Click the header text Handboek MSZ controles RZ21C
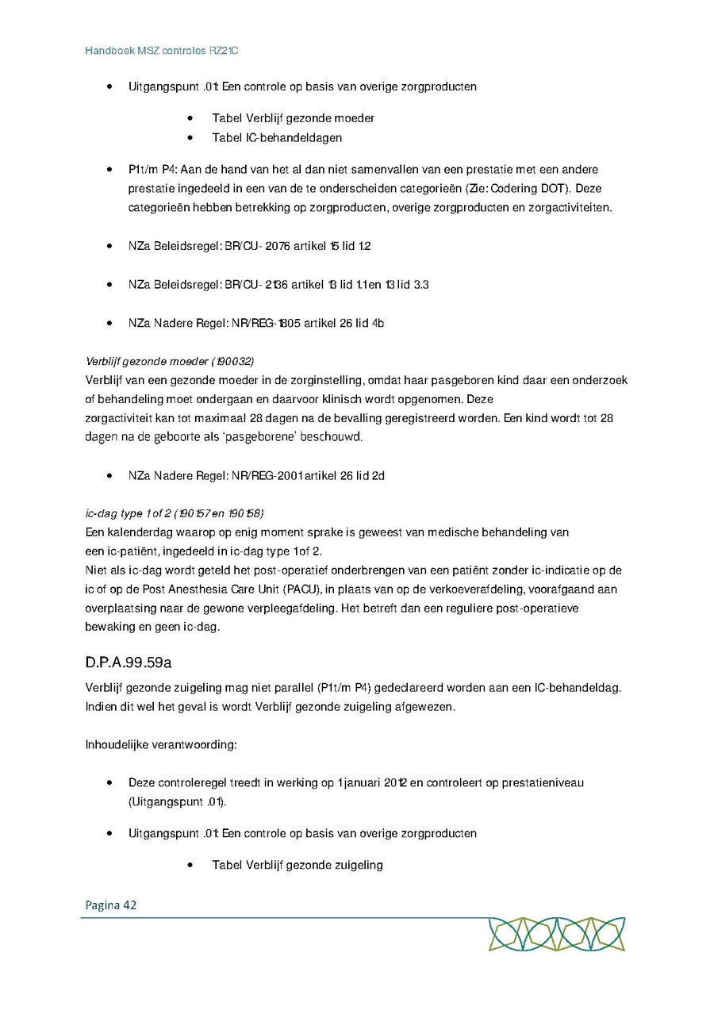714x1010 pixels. point(162,51)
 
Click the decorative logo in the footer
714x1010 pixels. point(556,934)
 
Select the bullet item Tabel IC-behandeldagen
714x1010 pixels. point(277,137)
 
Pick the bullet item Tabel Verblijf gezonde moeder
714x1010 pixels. point(293,118)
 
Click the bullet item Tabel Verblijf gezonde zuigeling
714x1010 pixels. point(297,865)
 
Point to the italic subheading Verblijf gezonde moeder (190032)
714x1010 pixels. point(170,361)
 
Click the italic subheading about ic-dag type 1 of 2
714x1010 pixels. point(175,513)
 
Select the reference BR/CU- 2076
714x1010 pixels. point(256,246)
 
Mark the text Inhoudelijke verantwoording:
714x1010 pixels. point(162,745)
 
